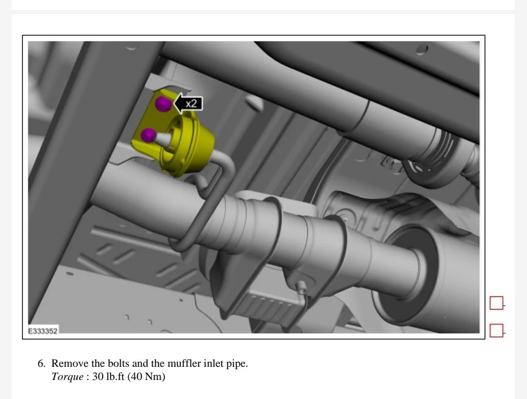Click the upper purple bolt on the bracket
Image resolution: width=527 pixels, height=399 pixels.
[x=162, y=103]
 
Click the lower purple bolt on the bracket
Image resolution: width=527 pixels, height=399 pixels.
[x=148, y=135]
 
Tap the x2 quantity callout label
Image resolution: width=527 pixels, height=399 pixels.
[x=191, y=103]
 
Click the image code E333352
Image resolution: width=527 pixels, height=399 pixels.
[x=43, y=331]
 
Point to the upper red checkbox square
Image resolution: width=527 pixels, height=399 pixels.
[x=496, y=303]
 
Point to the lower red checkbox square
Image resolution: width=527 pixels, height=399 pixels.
[x=496, y=331]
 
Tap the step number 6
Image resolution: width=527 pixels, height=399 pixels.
[x=41, y=364]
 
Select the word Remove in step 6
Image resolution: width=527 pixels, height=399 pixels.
[x=66, y=364]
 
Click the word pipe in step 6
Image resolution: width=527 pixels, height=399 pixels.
[x=237, y=364]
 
